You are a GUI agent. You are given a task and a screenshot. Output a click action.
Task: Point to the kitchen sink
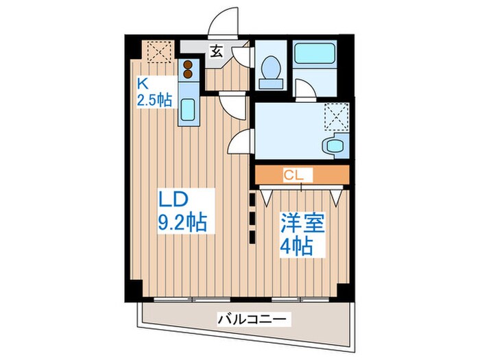click(x=189, y=109)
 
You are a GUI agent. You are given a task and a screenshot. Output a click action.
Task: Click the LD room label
click(x=175, y=200)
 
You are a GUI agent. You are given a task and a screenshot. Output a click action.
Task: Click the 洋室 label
click(x=303, y=223)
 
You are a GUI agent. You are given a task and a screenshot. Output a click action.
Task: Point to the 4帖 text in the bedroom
click(x=298, y=245)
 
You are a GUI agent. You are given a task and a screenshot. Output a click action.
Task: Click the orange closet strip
click(x=302, y=176)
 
